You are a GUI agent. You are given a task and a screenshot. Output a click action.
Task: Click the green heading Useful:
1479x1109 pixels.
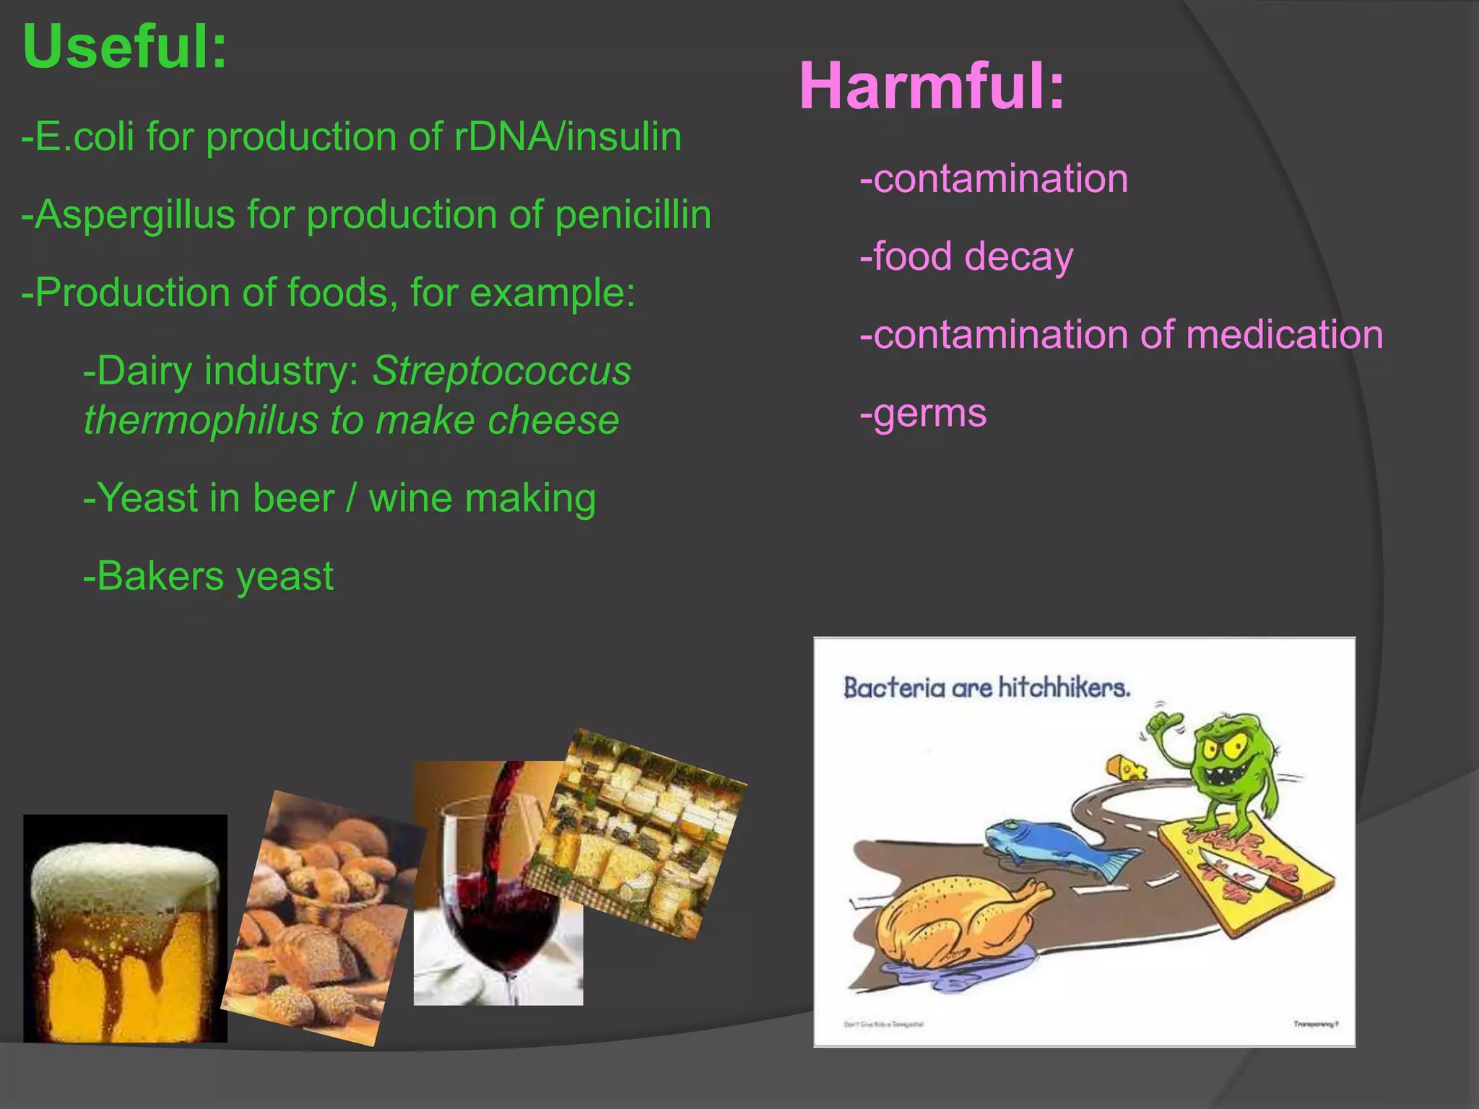125,48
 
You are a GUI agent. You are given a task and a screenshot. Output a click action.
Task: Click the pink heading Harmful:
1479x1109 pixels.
932,87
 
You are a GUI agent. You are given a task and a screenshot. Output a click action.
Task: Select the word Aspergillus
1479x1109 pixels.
135,215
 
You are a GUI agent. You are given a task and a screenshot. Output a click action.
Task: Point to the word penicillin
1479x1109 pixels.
633,215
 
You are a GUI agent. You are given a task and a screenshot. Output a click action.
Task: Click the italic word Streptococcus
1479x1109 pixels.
501,371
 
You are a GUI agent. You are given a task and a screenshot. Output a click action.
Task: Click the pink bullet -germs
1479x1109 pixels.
923,413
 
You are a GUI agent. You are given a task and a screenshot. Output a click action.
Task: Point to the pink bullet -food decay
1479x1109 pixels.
966,257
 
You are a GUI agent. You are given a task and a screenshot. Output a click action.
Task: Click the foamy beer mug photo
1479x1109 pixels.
125,928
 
